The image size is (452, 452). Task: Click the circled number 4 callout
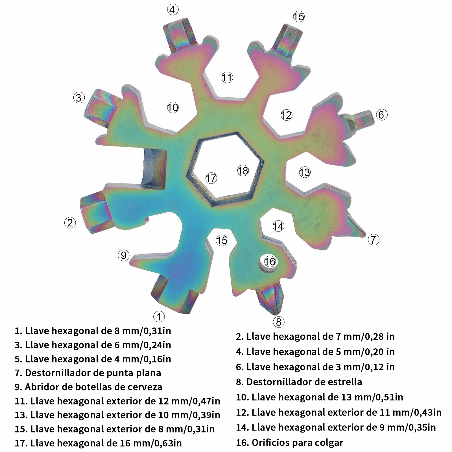point(173,10)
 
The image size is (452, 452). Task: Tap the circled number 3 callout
point(79,98)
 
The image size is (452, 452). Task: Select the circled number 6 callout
point(381,115)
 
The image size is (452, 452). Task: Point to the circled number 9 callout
point(124,256)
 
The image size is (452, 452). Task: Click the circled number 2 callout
point(70,223)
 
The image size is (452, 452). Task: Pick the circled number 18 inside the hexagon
point(243,171)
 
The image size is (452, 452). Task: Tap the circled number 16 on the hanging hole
point(270,261)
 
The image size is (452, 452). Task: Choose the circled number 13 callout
point(305,172)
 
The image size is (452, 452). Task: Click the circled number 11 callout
point(227,77)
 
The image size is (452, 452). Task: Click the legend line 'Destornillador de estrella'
point(299,382)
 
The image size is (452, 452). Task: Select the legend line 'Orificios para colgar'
point(290,442)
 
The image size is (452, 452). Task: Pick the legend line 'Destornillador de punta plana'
point(88,373)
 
